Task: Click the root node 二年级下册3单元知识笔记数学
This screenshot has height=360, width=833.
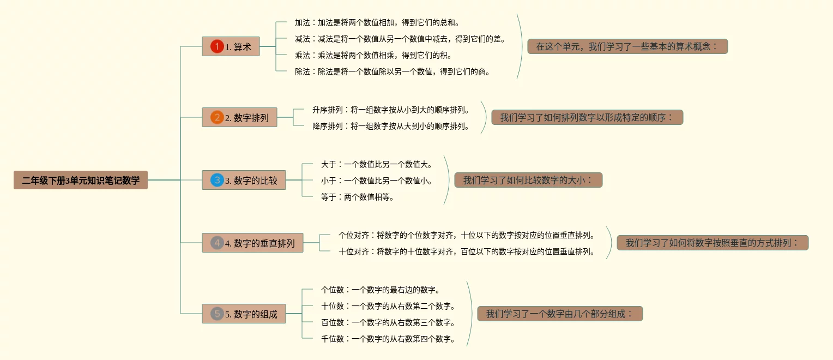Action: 81,180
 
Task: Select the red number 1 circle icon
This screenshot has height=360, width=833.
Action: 217,47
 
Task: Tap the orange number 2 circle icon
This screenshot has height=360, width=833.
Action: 217,117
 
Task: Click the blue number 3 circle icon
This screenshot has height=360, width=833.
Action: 217,180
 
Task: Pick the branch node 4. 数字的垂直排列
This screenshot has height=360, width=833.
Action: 252,243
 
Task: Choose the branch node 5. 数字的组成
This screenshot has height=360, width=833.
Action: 244,314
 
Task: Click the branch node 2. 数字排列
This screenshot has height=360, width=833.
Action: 239,117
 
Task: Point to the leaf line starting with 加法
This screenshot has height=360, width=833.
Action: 377,22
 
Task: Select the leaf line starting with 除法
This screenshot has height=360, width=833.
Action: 392,71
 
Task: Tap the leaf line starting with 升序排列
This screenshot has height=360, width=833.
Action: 390,110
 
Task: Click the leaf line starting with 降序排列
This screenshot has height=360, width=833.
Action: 390,126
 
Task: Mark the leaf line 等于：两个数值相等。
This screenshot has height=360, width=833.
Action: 358,197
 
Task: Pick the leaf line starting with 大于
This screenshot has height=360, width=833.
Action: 377,164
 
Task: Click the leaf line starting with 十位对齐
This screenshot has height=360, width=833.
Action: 467,251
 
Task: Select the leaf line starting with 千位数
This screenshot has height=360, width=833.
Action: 388,339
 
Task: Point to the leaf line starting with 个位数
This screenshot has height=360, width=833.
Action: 381,290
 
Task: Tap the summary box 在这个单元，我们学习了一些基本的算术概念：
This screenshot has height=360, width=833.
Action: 627,46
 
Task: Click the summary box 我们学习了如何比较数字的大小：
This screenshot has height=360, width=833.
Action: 528,180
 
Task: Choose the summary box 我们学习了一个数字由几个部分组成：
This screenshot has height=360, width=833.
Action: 560,314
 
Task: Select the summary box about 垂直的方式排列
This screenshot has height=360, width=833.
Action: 713,243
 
